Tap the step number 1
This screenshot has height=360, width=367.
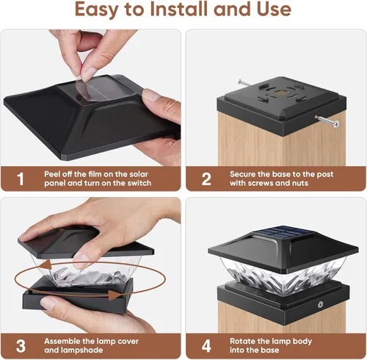click(x=20, y=179)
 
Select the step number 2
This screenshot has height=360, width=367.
click(x=206, y=179)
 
